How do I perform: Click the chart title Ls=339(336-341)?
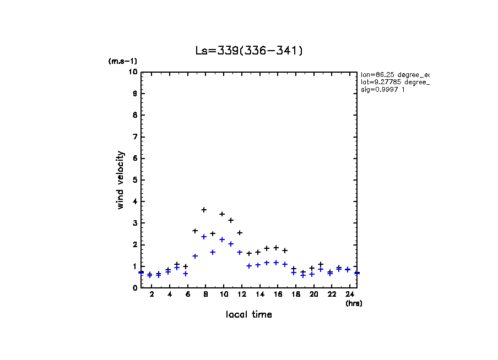pyautogui.click(x=249, y=51)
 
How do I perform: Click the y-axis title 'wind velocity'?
pyautogui.click(x=121, y=180)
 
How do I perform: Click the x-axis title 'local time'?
pyautogui.click(x=248, y=314)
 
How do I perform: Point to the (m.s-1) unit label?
pyautogui.click(x=122, y=62)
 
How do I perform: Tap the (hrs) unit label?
pyautogui.click(x=353, y=303)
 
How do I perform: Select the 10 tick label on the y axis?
pyautogui.click(x=133, y=72)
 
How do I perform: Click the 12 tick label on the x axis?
pyautogui.click(x=242, y=294)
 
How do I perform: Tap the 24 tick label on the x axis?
pyautogui.click(x=350, y=294)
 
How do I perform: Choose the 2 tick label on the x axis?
pyautogui.click(x=151, y=294)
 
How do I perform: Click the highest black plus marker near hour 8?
pyautogui.click(x=204, y=210)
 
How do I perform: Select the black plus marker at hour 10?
pyautogui.click(x=222, y=214)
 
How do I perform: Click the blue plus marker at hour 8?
pyautogui.click(x=204, y=237)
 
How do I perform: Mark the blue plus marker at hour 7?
pyautogui.click(x=195, y=256)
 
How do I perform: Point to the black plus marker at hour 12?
pyautogui.click(x=240, y=233)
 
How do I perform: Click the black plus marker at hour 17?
pyautogui.click(x=285, y=250)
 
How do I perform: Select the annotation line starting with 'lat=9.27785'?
pyautogui.click(x=394, y=82)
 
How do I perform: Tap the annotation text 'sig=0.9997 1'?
pyautogui.click(x=383, y=90)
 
